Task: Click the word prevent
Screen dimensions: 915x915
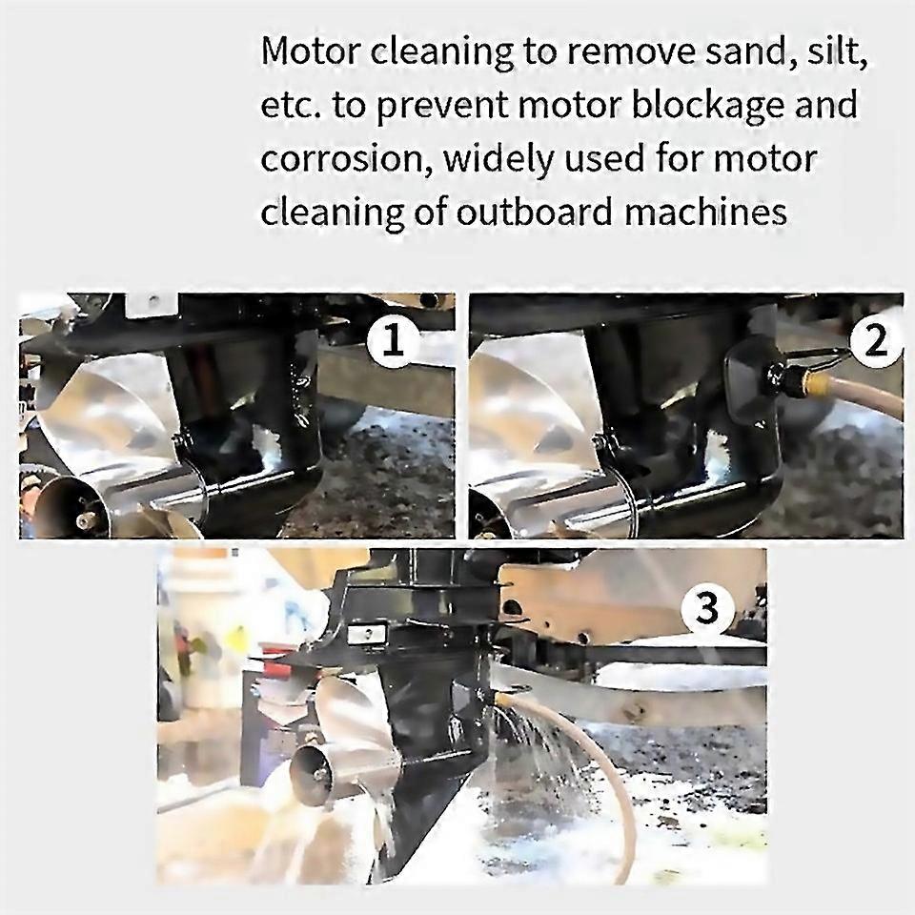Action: pyautogui.click(x=439, y=104)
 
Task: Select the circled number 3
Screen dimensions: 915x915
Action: pyautogui.click(x=706, y=608)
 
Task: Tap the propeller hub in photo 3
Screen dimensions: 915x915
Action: pyautogui.click(x=311, y=768)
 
